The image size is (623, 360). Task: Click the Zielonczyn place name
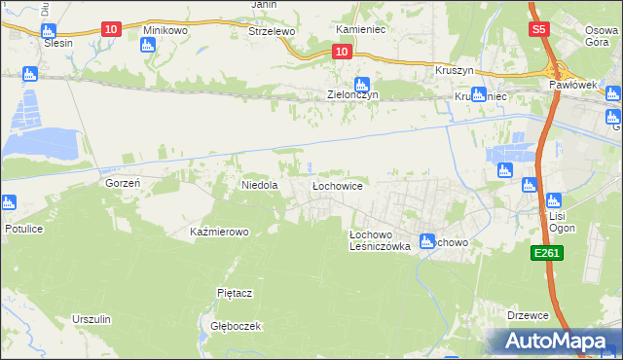tap(351, 95)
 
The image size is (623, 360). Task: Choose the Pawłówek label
tap(570, 86)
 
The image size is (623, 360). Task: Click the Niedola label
tap(260, 184)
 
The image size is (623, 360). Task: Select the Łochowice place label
tap(337, 184)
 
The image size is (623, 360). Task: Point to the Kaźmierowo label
tap(220, 233)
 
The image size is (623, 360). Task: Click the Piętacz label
tap(235, 292)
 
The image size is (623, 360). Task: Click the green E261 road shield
tap(545, 253)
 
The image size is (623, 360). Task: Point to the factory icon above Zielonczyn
tap(362, 84)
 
